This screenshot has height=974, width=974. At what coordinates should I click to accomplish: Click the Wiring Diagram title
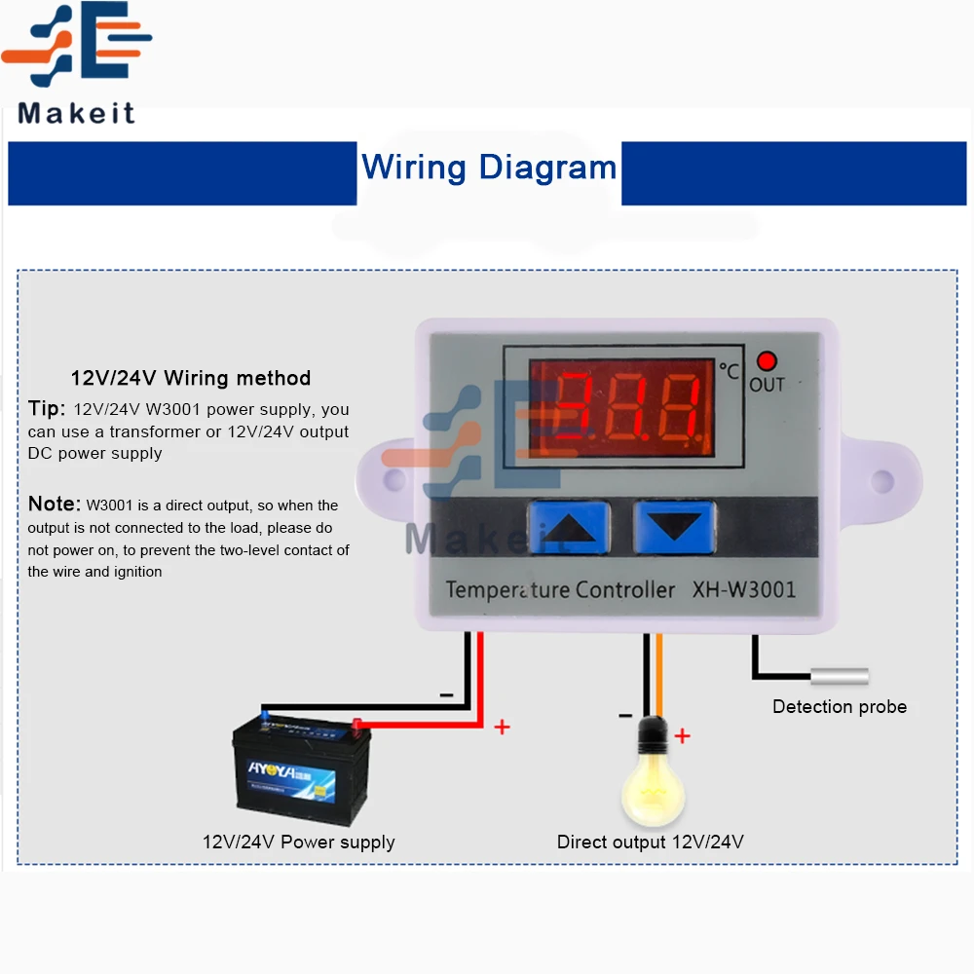tap(489, 168)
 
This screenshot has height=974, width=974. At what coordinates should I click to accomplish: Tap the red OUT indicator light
tap(767, 361)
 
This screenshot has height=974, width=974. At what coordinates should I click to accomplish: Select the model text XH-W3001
tap(744, 589)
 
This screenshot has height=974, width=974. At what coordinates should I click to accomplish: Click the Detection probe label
tap(840, 707)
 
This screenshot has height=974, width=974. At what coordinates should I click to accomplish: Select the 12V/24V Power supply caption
tap(299, 842)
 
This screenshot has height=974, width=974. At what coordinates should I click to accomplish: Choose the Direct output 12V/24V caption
tap(651, 842)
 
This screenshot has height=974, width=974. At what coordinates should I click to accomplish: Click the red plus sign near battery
tap(503, 727)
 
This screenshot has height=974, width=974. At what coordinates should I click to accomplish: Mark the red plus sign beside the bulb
tap(683, 735)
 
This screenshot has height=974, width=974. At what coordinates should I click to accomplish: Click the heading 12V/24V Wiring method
tap(191, 378)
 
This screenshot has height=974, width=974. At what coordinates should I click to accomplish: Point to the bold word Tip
tap(46, 408)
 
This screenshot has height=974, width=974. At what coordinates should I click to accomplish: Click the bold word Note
tap(54, 504)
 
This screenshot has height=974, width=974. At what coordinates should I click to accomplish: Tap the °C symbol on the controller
tap(729, 370)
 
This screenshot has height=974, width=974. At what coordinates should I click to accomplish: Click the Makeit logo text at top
tap(77, 113)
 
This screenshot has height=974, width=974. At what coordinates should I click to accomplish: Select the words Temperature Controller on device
tap(560, 589)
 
